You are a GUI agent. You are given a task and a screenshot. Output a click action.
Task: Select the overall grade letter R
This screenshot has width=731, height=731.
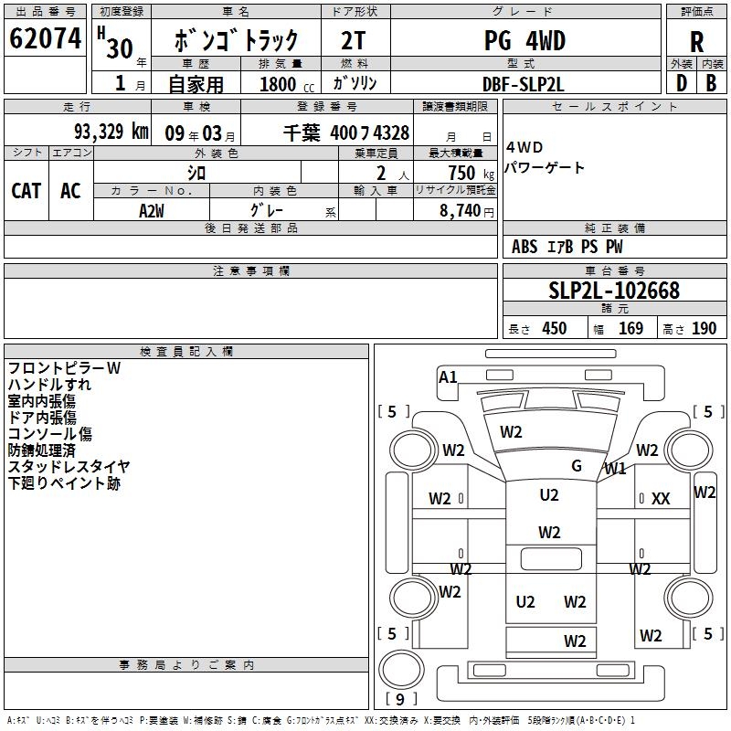(696, 41)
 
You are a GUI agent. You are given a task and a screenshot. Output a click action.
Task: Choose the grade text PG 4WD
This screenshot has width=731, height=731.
(524, 41)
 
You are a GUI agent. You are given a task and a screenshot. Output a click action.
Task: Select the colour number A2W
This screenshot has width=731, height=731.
(152, 209)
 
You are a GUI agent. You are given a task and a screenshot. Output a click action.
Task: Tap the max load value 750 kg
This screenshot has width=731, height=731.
(462, 173)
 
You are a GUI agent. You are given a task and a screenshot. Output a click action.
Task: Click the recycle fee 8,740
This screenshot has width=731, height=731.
(461, 210)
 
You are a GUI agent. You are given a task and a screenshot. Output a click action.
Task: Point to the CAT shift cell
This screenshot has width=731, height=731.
(26, 190)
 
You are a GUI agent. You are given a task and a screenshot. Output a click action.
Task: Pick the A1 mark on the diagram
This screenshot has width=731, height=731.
(448, 376)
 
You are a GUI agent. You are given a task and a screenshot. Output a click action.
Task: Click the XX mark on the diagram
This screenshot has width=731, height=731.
(661, 499)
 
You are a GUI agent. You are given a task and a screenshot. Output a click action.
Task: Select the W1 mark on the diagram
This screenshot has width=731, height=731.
(615, 470)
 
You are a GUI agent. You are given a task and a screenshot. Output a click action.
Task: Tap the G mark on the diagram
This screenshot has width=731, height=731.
(577, 466)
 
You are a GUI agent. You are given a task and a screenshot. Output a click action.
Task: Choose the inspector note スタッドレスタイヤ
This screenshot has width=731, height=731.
(69, 467)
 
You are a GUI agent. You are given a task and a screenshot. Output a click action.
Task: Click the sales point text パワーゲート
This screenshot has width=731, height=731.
(545, 169)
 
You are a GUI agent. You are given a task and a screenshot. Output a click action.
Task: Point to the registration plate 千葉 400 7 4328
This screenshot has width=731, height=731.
(346, 132)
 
